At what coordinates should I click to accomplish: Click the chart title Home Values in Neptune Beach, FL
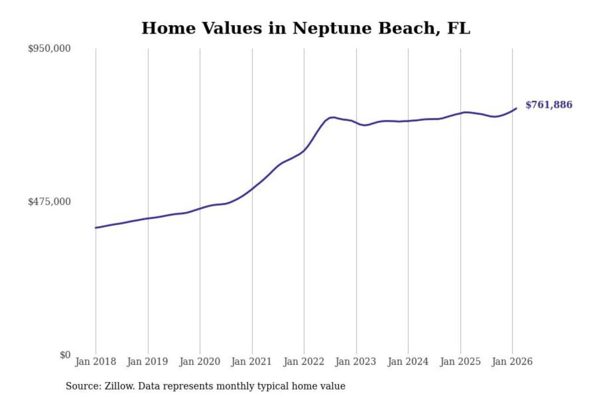click(306, 28)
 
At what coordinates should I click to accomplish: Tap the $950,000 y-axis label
click(49, 49)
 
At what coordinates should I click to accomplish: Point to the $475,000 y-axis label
click(49, 202)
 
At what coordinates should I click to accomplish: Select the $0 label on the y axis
click(65, 355)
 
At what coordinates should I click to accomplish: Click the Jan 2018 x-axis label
click(95, 362)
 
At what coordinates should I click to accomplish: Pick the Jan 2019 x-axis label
click(147, 362)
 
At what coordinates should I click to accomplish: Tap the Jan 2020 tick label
click(199, 362)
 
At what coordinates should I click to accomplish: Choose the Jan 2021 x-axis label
click(251, 362)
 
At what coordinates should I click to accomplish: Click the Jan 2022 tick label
click(303, 362)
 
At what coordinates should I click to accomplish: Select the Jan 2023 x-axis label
click(355, 362)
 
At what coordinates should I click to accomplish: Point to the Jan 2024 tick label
click(408, 362)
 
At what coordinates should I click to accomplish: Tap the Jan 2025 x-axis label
click(460, 362)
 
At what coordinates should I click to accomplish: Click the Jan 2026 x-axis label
click(512, 362)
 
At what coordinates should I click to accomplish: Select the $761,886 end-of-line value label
click(548, 105)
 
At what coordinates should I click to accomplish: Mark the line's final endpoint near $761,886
click(516, 109)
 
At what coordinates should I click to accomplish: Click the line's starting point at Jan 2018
click(96, 228)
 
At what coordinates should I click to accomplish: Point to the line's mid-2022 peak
click(332, 117)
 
